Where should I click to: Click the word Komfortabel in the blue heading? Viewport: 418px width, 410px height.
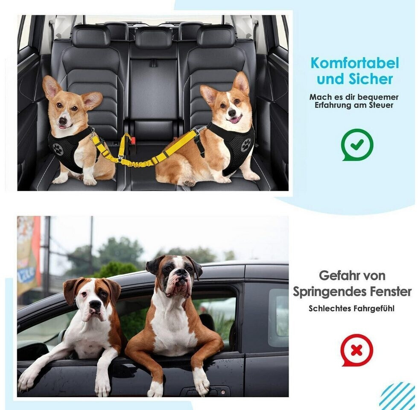pos(354,63)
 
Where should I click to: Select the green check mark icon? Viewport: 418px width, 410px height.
pos(357,145)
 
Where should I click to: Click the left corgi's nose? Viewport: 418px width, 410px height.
pos(63,120)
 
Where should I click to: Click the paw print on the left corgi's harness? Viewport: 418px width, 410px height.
pos(58,149)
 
